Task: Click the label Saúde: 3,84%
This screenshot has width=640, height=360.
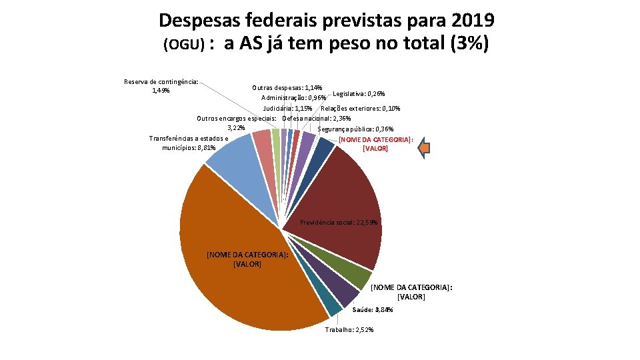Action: tap(373, 310)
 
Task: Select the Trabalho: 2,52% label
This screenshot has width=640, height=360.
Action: tap(349, 330)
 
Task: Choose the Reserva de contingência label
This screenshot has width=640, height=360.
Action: tap(161, 86)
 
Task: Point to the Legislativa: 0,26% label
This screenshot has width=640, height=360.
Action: tap(359, 93)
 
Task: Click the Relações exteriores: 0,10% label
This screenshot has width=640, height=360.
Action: tap(361, 108)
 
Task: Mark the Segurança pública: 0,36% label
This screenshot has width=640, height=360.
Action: tap(355, 129)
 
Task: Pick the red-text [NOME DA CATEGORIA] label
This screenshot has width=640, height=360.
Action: tap(376, 144)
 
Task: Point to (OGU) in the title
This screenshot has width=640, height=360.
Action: tap(183, 45)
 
